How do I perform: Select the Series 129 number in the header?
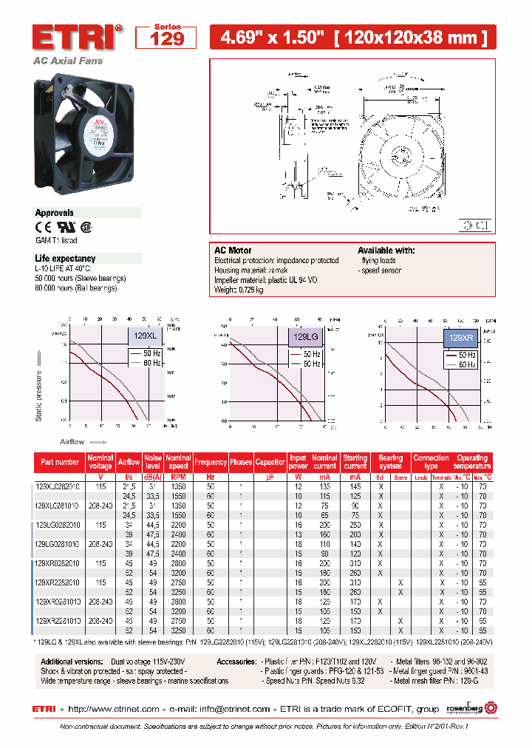click(x=167, y=39)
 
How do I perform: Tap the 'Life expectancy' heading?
click(x=65, y=259)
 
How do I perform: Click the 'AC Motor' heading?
click(x=233, y=251)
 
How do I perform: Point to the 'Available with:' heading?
click(x=386, y=251)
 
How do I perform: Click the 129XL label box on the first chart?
click(x=145, y=336)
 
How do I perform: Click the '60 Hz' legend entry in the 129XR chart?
click(x=461, y=364)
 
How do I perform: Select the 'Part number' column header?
click(x=60, y=462)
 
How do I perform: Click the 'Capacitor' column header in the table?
click(x=270, y=462)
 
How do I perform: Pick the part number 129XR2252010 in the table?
click(x=59, y=582)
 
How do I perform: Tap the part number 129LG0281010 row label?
click(x=59, y=543)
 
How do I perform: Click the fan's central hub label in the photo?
click(x=100, y=128)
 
